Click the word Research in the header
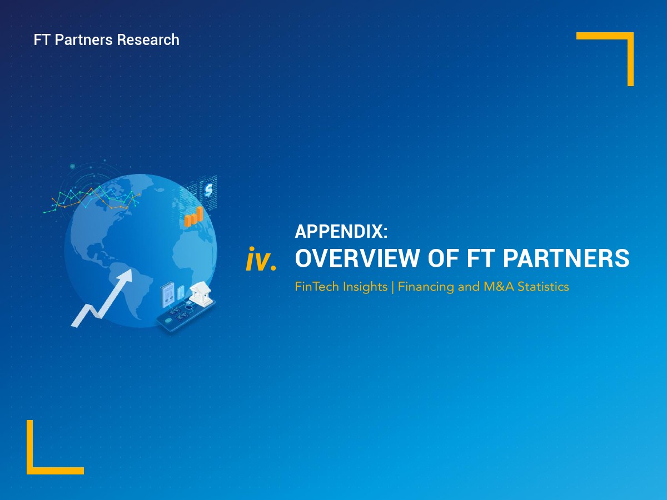(148, 40)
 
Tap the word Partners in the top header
(83, 40)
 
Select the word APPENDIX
(341, 231)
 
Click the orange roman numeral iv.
(261, 259)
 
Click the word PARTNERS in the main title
(566, 258)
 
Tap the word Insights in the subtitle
(365, 287)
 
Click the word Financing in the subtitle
(426, 287)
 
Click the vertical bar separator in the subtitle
(393, 287)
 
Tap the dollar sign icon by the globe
(208, 190)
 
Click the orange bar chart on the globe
(193, 217)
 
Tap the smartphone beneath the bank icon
(186, 316)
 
